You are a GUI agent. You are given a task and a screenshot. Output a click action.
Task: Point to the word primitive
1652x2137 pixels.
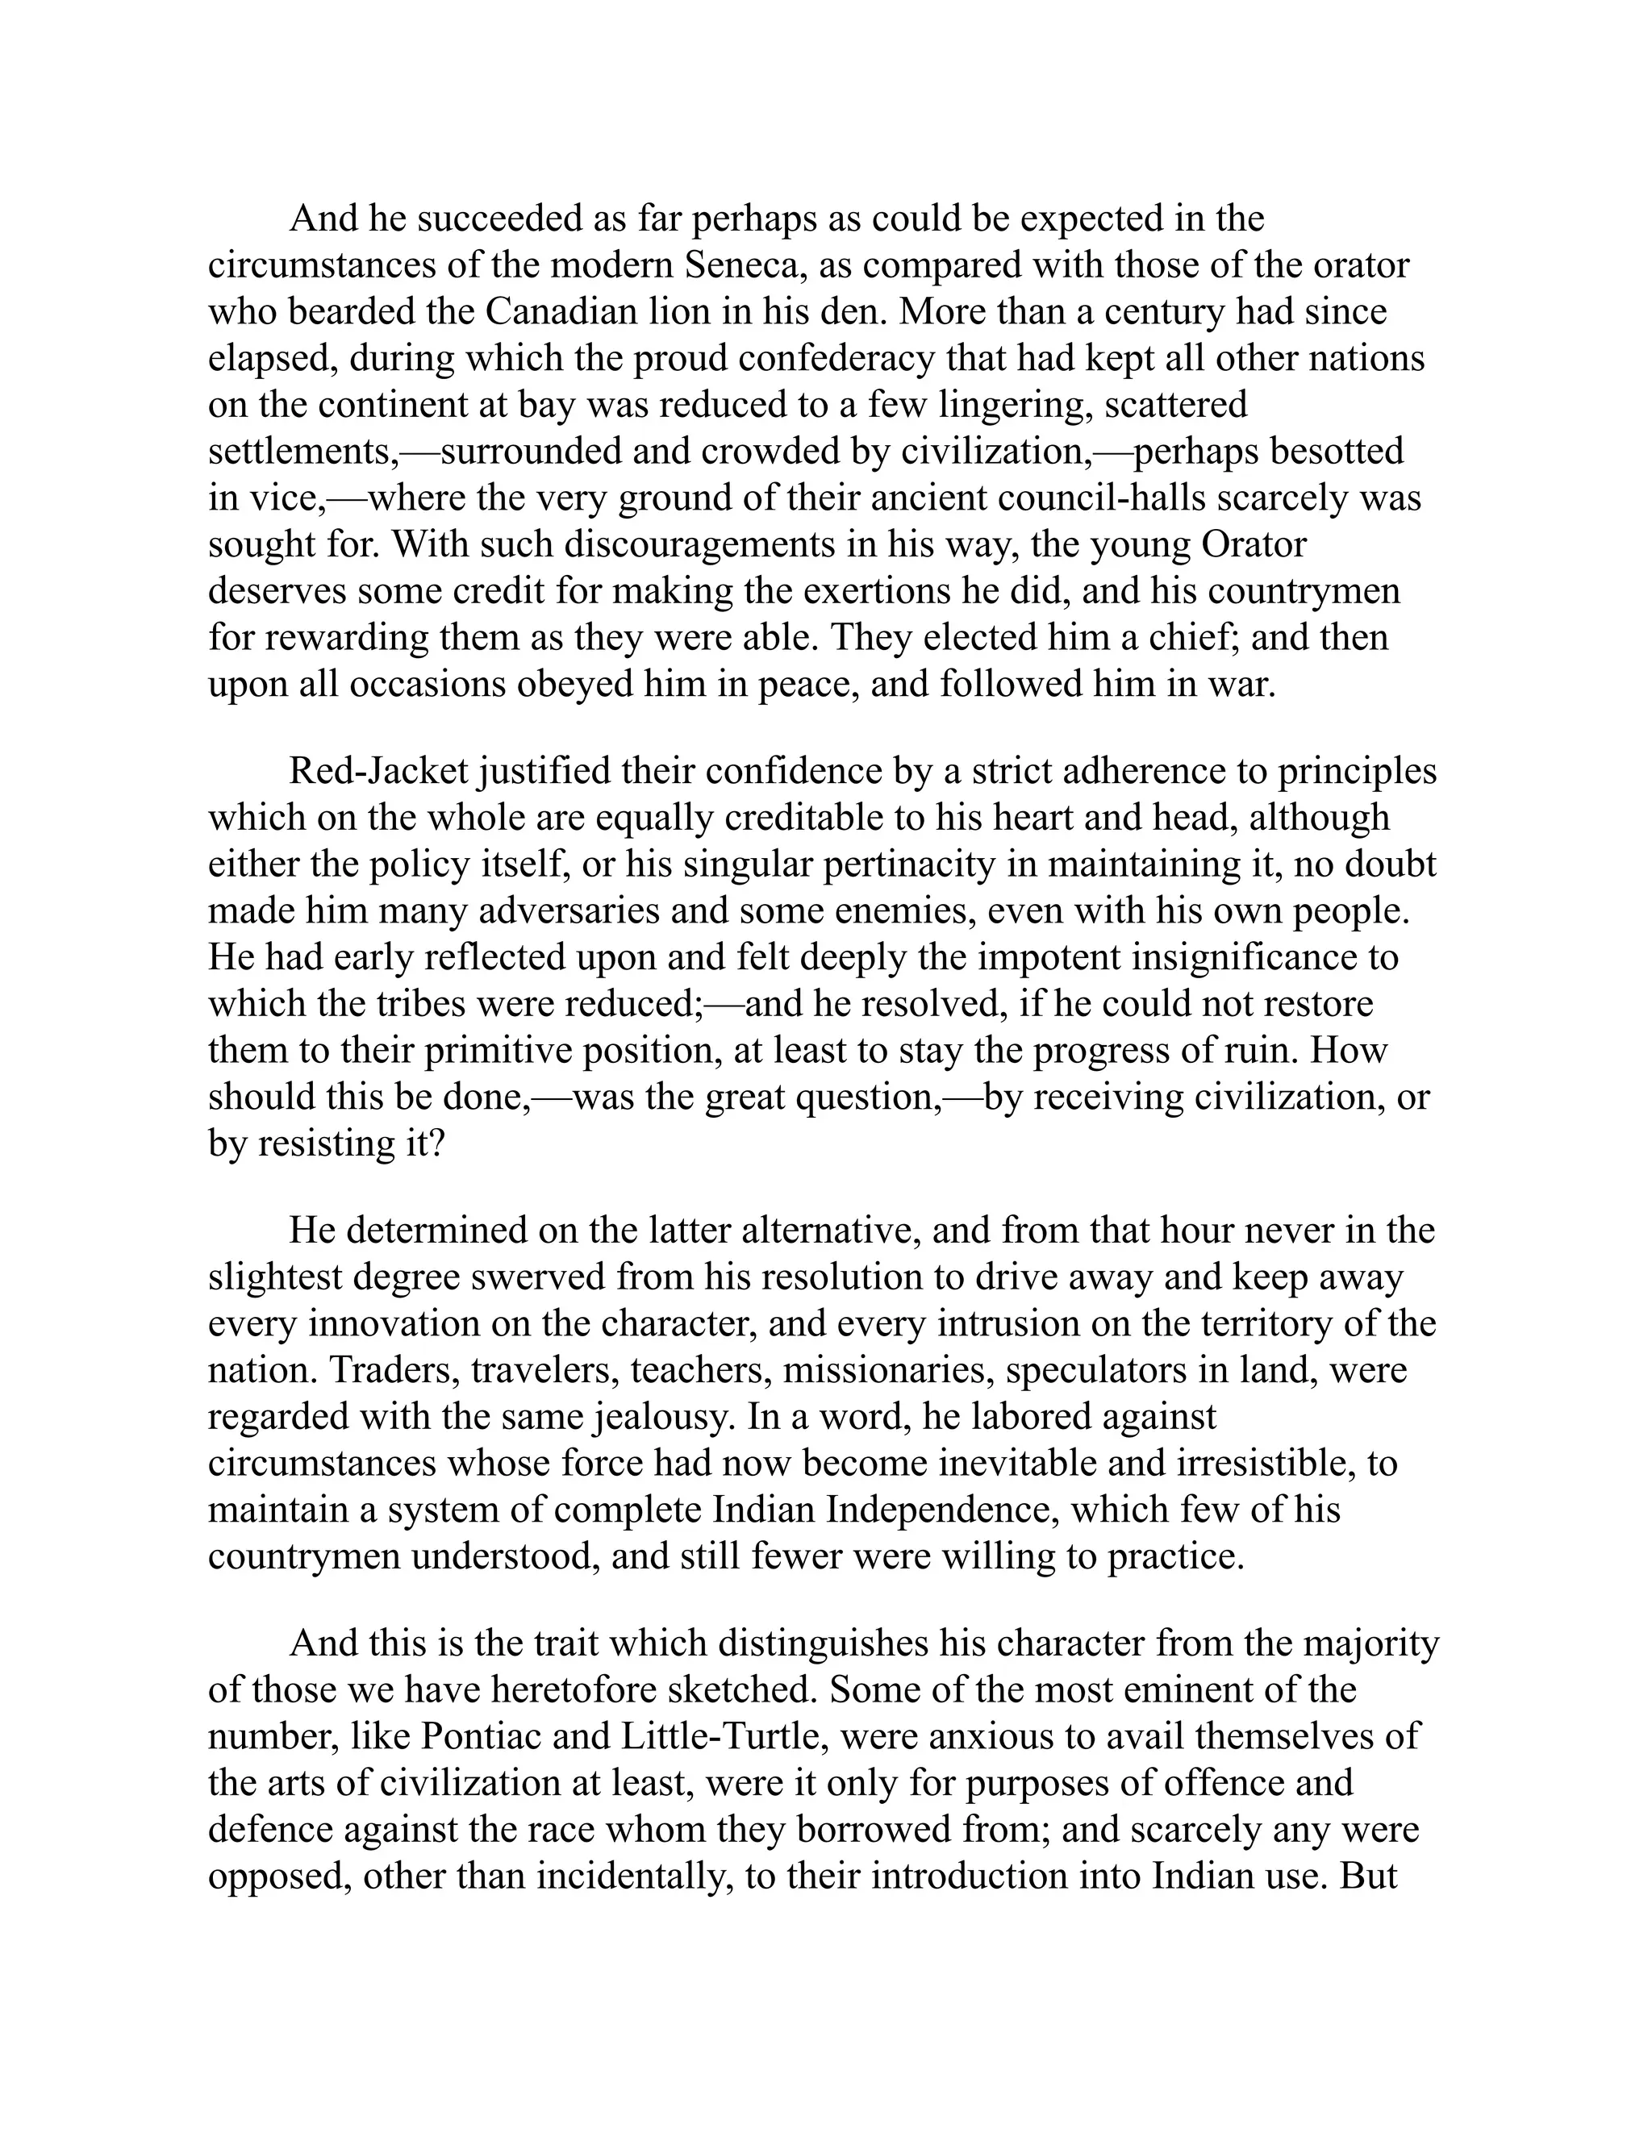pos(499,1051)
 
